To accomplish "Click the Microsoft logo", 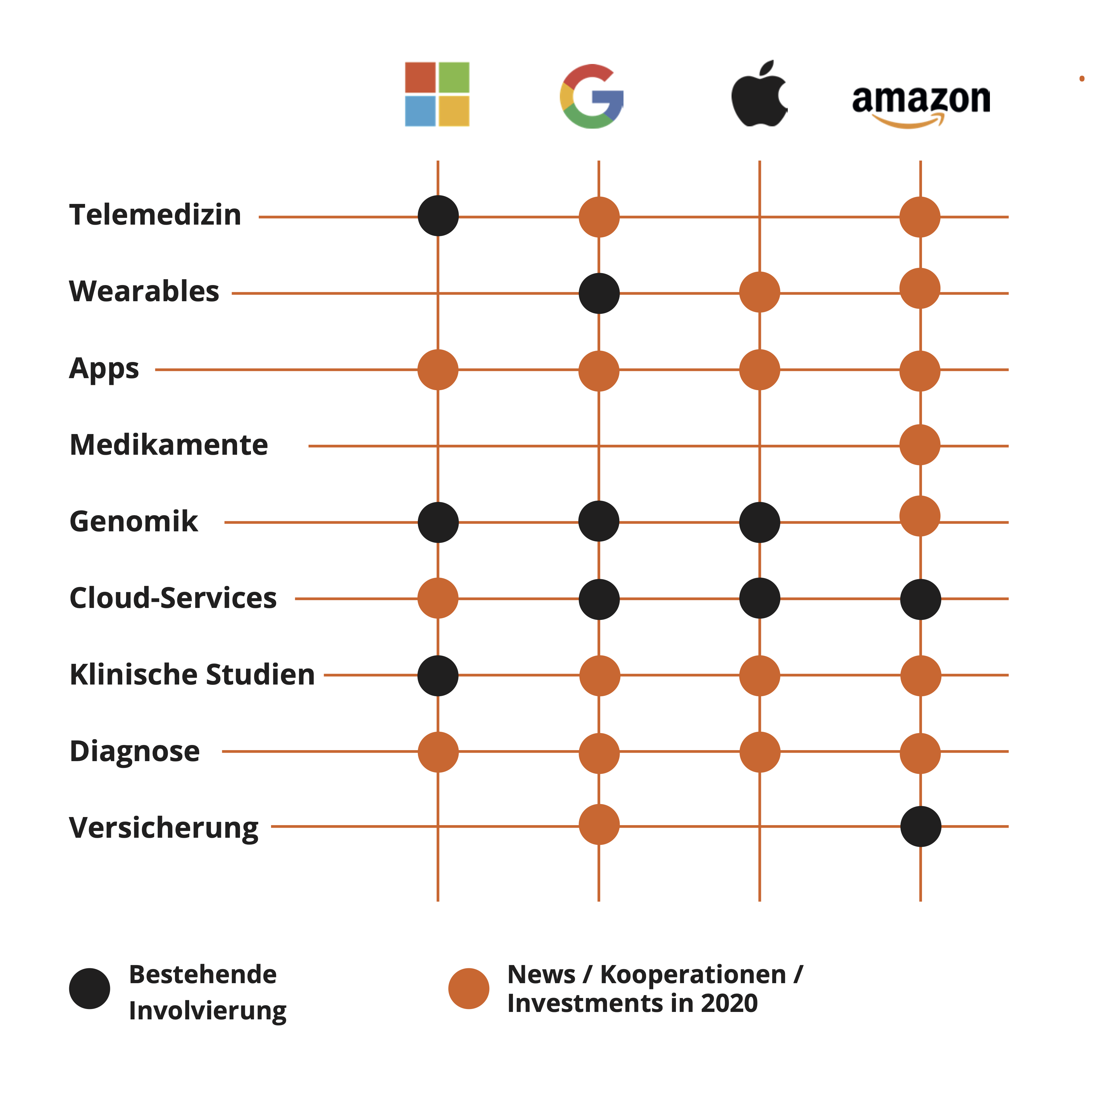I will (437, 94).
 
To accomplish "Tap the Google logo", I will (592, 96).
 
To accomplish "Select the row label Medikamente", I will (168, 445).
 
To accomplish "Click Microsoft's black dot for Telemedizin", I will (438, 216).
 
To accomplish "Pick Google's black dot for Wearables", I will (599, 293).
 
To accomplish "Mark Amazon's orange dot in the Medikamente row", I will (919, 445).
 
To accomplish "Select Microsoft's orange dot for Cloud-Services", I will (438, 598).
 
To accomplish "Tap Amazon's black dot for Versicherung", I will (920, 826).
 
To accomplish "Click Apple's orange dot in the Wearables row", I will (760, 292).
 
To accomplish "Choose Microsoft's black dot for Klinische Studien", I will (438, 675).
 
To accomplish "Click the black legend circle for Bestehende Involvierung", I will (90, 988).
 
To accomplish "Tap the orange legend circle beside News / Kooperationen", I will (469, 988).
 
